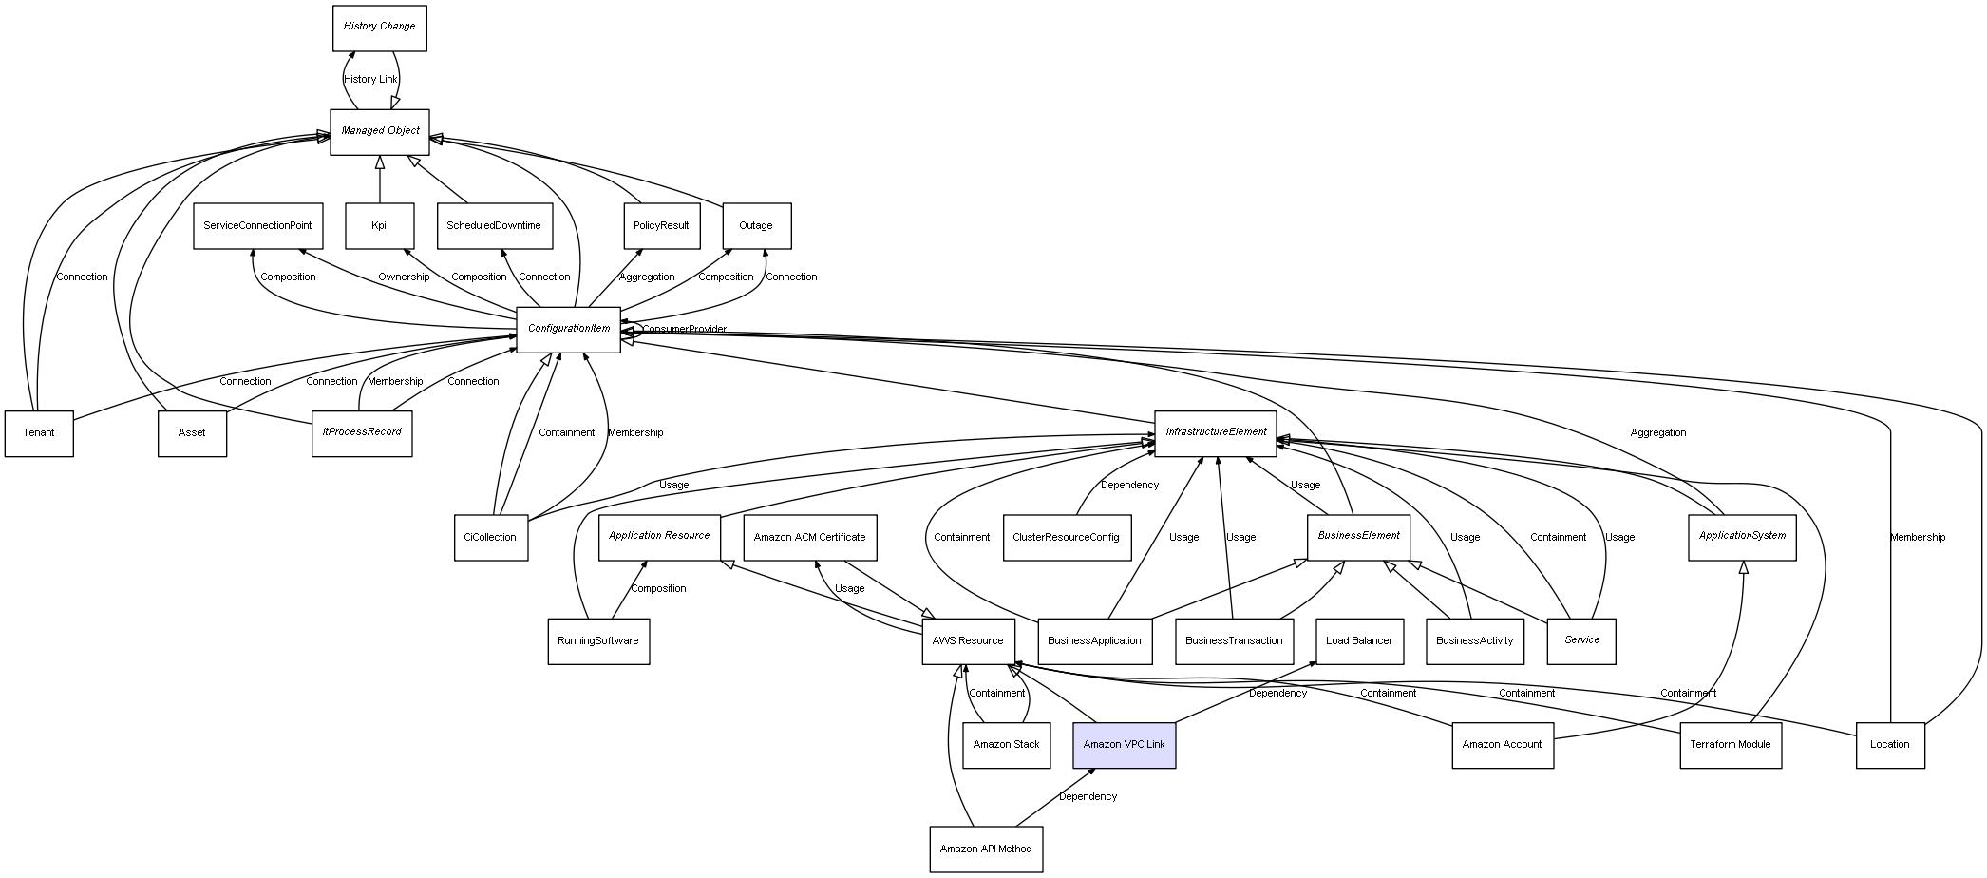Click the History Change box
(x=379, y=28)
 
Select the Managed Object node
(x=380, y=131)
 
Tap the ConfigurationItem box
(x=568, y=329)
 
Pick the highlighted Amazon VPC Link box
(x=1124, y=745)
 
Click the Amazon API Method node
(x=986, y=849)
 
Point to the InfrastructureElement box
(x=1216, y=432)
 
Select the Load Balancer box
(x=1358, y=640)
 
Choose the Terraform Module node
(x=1730, y=745)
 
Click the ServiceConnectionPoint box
(x=257, y=226)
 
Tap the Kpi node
(x=379, y=226)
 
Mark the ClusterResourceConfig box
(x=1067, y=537)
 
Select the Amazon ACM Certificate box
(x=809, y=537)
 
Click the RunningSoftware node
(x=598, y=640)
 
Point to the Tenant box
(x=39, y=433)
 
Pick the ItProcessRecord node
(x=362, y=432)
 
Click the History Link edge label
(x=370, y=80)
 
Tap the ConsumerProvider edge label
(x=684, y=330)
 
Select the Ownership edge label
(x=404, y=277)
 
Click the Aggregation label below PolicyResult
(x=647, y=277)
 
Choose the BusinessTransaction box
(x=1234, y=640)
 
